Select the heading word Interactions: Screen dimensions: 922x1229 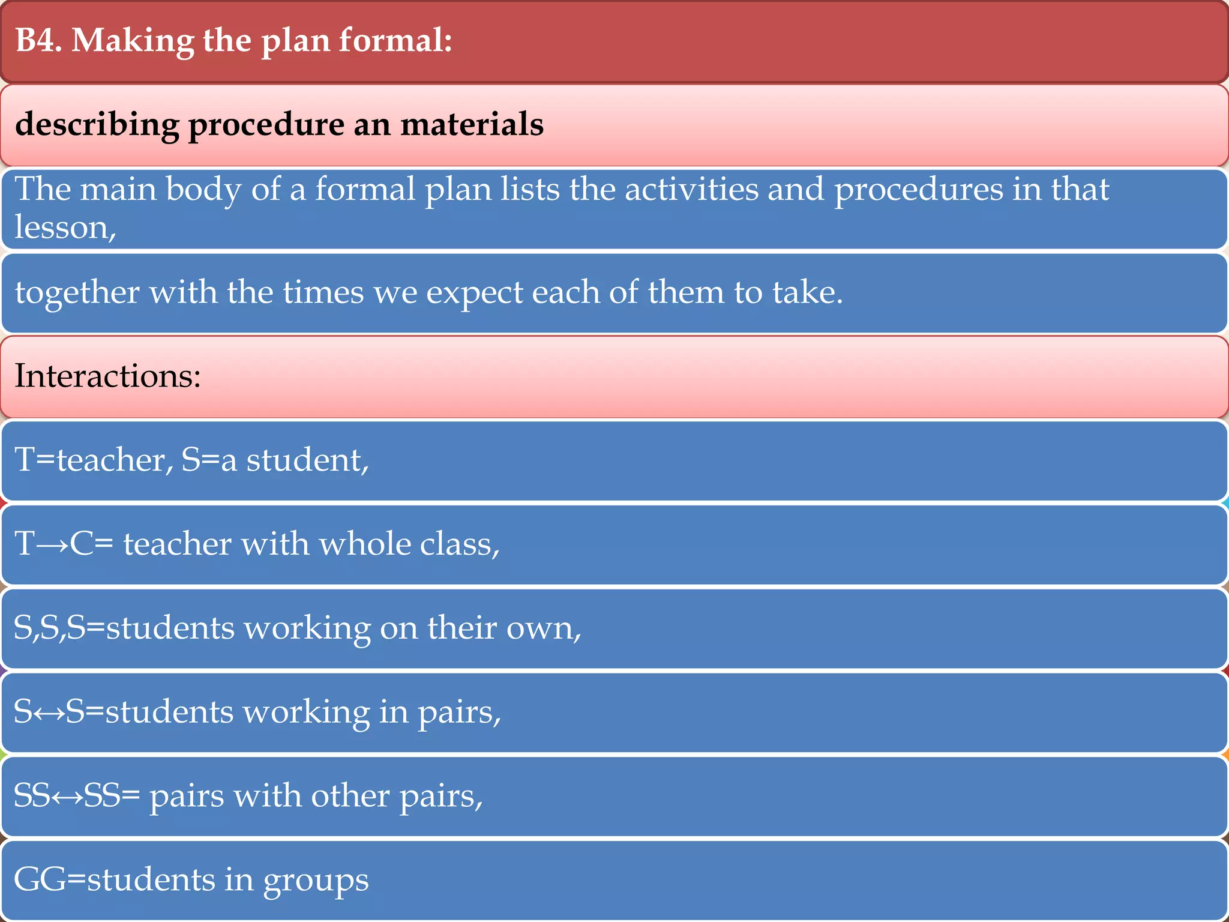(107, 376)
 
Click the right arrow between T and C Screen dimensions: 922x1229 (52, 545)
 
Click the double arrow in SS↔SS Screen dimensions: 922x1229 (67, 797)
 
